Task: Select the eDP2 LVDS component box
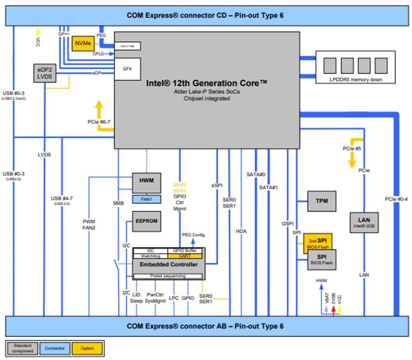pyautogui.click(x=44, y=73)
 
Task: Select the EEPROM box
pyautogui.click(x=146, y=221)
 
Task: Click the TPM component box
pyautogui.click(x=321, y=201)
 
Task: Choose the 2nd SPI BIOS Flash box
pyautogui.click(x=318, y=241)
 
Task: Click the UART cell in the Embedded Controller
pyautogui.click(x=185, y=256)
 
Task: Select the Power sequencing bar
pyautogui.click(x=168, y=276)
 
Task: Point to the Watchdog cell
pyautogui.click(x=150, y=256)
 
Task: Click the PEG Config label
pyautogui.click(x=193, y=235)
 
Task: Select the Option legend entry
pyautogui.click(x=87, y=348)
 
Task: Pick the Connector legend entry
pyautogui.click(x=55, y=348)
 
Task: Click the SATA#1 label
pyautogui.click(x=269, y=187)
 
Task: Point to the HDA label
pyautogui.click(x=241, y=231)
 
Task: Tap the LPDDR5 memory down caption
pyautogui.click(x=355, y=79)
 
